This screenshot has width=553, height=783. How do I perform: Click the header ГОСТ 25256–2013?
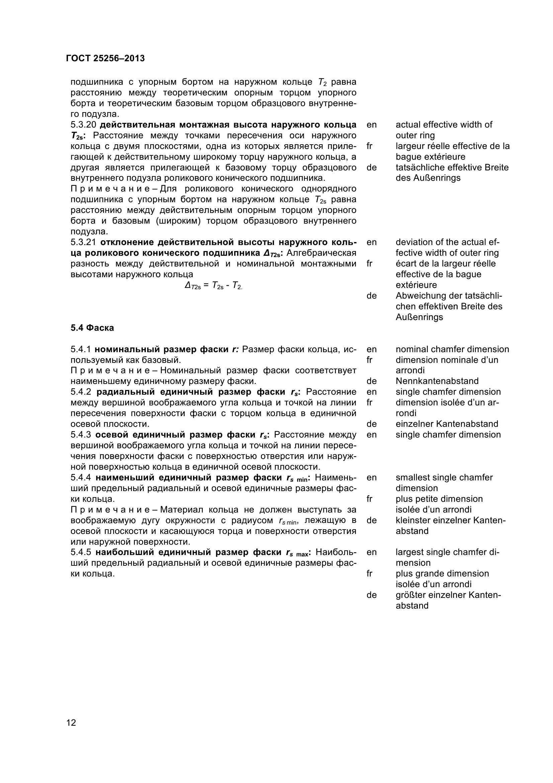point(105,59)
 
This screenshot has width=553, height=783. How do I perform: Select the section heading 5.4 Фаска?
point(92,328)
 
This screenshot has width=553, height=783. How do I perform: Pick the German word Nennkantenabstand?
point(437,381)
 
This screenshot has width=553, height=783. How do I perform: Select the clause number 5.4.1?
point(81,349)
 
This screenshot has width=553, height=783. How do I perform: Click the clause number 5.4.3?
point(81,435)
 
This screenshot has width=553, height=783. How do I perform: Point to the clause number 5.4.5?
point(81,552)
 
